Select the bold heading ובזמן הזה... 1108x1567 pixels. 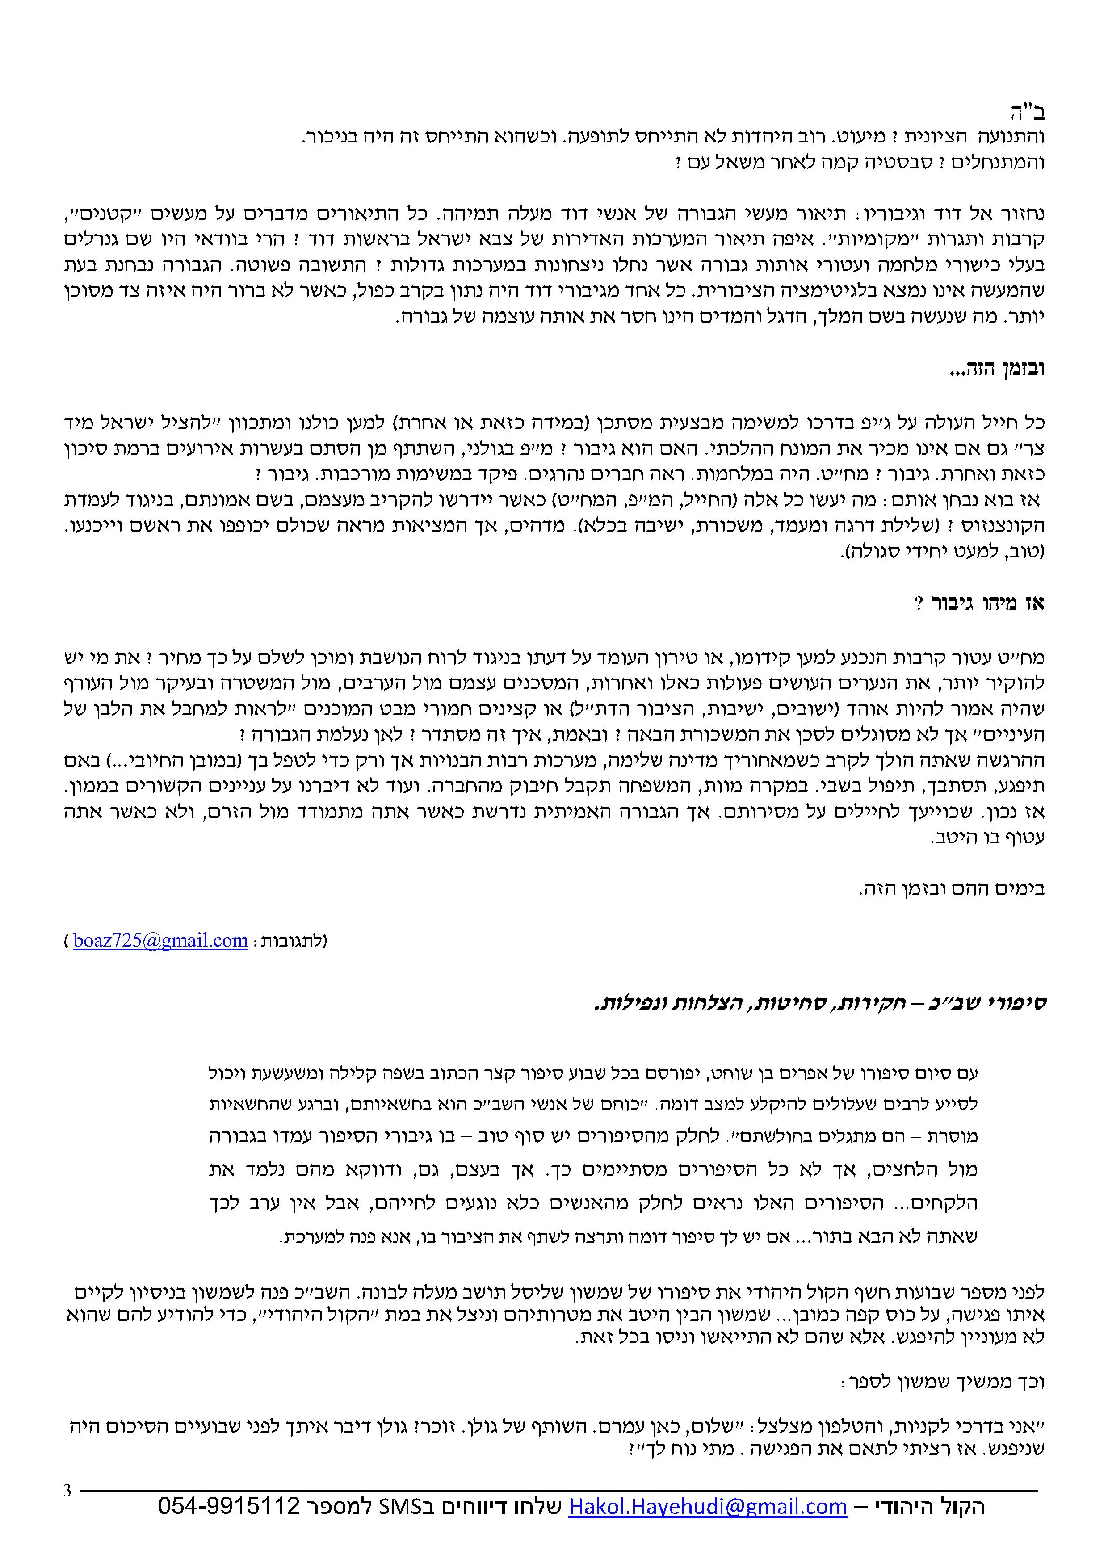(x=997, y=370)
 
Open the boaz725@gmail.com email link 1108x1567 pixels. (x=160, y=940)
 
